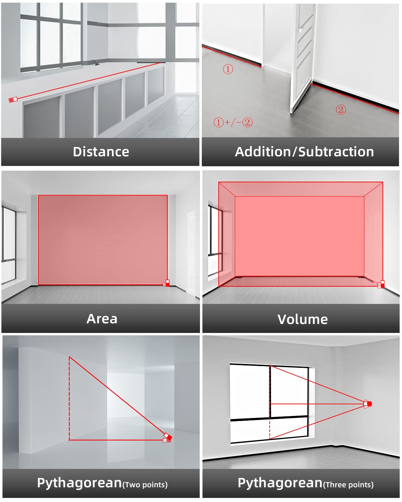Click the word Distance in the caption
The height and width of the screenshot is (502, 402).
tap(101, 152)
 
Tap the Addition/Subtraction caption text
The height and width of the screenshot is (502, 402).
tap(305, 152)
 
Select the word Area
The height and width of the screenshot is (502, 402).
tap(102, 319)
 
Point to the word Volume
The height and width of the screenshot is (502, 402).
tap(303, 319)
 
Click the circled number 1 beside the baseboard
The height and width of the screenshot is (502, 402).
tap(228, 69)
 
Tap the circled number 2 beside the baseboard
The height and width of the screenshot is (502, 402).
tap(341, 110)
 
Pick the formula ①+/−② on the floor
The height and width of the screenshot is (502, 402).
tap(233, 122)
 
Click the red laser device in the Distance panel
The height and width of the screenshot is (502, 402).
tap(13, 100)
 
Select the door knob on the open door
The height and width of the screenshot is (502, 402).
tap(299, 30)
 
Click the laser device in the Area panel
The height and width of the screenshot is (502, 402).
tap(166, 283)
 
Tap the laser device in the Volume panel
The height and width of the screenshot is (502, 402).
tap(382, 284)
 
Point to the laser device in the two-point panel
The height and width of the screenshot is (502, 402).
tap(167, 438)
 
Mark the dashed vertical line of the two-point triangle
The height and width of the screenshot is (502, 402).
tap(69, 399)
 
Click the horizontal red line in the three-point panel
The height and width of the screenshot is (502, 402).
tap(317, 404)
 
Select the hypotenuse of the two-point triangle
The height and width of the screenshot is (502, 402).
tap(118, 396)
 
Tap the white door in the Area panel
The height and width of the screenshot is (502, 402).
tap(191, 253)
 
